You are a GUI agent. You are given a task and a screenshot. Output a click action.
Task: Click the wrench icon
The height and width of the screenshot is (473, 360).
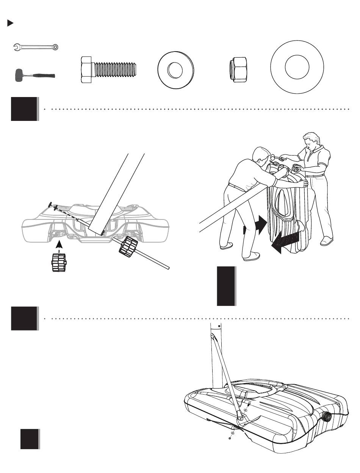pos(36,47)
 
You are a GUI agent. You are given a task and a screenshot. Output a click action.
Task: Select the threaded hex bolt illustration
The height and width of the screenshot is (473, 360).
pos(109,70)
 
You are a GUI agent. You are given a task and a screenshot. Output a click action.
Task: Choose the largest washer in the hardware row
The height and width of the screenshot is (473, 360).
pos(297,67)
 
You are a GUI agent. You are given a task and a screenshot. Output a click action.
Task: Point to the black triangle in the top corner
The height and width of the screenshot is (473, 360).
pos(11,23)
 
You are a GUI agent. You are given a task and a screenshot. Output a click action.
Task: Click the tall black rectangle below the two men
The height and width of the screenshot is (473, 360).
pos(226,286)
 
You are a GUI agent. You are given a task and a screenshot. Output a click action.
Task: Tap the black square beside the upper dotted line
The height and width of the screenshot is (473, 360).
pos(25,109)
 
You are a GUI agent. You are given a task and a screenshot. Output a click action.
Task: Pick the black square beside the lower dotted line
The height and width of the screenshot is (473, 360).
pos(25,319)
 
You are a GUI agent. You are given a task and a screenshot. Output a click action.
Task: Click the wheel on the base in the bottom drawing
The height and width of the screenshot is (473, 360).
pos(326,417)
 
